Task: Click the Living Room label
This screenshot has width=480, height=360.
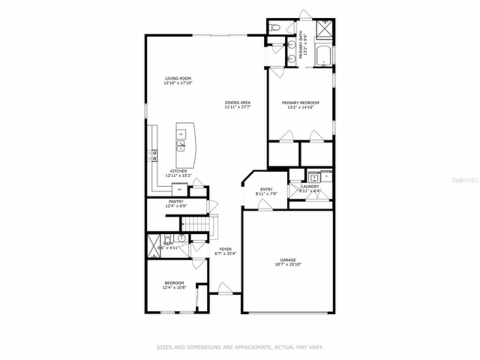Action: point(178,78)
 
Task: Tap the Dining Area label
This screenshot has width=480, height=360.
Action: point(238,102)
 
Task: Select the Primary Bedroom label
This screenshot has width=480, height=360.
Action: point(300,102)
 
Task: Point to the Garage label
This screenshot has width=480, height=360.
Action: point(288,259)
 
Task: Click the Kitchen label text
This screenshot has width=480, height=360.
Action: point(178,171)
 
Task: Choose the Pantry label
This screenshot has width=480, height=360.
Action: point(176,201)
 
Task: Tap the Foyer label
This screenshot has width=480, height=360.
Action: point(225,249)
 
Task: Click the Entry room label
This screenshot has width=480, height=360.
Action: point(266,189)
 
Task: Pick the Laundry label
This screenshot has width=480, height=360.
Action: point(310,186)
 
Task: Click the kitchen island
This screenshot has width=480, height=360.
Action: point(185,145)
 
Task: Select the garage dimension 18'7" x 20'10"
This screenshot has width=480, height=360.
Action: point(288,264)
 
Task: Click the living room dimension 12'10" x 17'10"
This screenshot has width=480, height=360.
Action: point(178,83)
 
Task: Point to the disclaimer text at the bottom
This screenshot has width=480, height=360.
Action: point(240,348)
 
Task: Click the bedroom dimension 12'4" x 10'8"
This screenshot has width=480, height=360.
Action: point(174,288)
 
